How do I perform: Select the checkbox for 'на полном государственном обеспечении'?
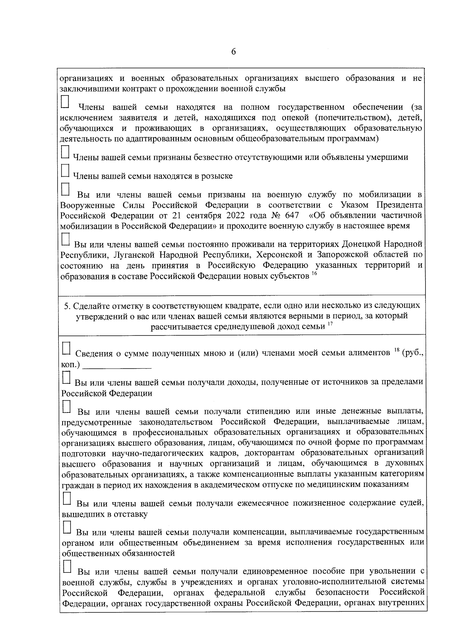66,102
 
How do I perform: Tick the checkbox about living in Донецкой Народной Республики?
66,239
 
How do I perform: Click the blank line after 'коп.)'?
117,365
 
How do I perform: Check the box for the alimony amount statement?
66,348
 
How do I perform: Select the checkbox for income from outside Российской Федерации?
66,377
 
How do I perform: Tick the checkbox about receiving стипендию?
66,407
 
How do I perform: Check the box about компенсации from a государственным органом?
66,527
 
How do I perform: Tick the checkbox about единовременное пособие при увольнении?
66,567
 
